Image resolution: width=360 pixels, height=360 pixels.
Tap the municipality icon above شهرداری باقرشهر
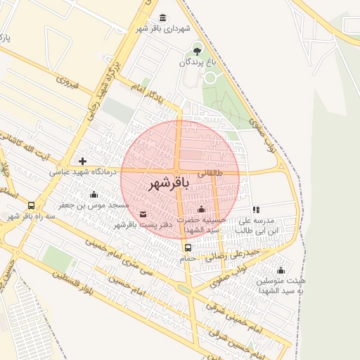click(163, 18)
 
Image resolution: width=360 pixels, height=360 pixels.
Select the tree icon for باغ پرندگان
click(197, 51)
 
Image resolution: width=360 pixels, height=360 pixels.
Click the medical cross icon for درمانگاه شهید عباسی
click(83, 162)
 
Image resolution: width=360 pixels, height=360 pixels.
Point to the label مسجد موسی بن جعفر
click(94, 205)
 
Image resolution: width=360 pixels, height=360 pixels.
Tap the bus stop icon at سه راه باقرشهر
click(31, 206)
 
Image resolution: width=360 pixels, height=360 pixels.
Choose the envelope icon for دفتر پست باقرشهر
click(143, 214)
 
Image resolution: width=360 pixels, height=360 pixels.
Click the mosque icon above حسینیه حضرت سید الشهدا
click(202, 209)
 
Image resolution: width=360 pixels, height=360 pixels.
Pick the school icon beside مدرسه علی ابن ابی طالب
click(257, 210)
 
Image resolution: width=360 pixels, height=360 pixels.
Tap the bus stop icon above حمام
click(188, 247)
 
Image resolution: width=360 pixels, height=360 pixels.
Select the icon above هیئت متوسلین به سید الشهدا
click(281, 271)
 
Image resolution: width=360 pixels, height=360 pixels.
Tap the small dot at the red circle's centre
click(176, 172)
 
